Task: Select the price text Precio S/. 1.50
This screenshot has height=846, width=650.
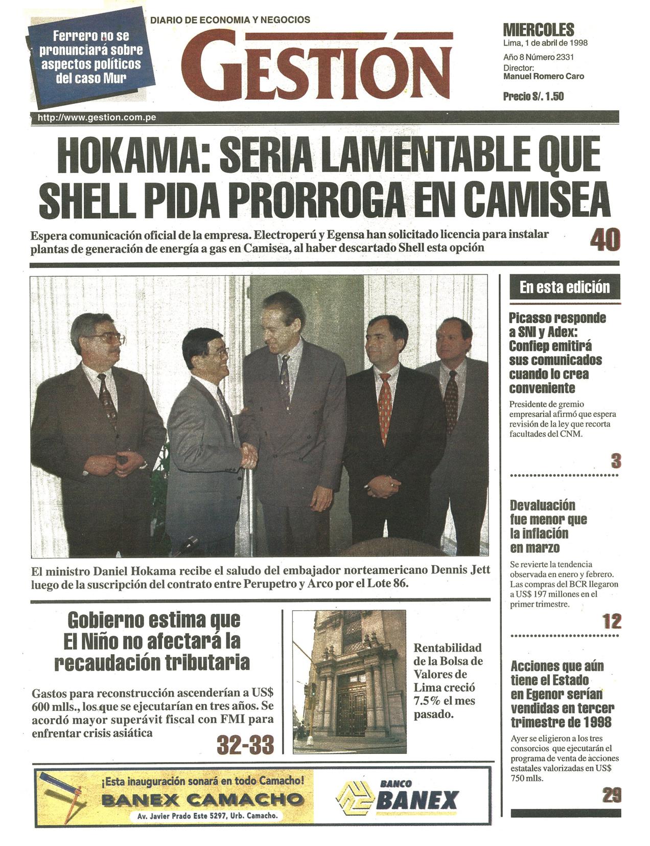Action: click(x=533, y=96)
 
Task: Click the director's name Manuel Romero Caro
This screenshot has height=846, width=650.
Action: click(x=543, y=76)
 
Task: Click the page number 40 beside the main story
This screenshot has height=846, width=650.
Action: click(x=605, y=240)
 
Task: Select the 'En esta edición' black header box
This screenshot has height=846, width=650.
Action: click(x=565, y=287)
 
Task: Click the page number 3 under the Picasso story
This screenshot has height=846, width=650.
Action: click(x=616, y=461)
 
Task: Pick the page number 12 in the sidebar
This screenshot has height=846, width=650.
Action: click(x=612, y=621)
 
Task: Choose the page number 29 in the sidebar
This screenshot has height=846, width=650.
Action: click(x=612, y=795)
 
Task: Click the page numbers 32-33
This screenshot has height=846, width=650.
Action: click(x=245, y=745)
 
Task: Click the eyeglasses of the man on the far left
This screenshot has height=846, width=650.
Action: click(x=108, y=338)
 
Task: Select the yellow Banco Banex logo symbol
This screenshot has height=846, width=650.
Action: click(x=352, y=799)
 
